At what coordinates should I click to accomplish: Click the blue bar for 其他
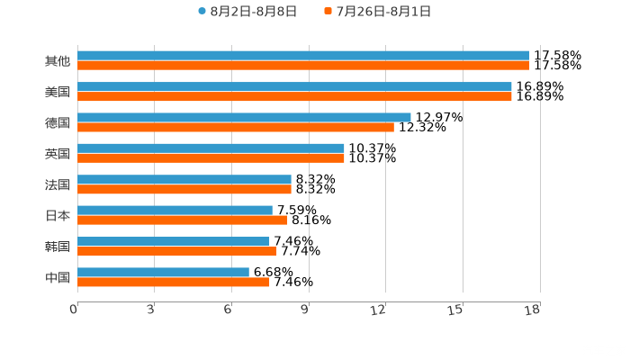(x=303, y=56)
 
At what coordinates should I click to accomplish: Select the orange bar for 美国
(x=294, y=96)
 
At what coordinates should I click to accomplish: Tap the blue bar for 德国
(x=244, y=117)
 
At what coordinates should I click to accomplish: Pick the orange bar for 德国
(x=236, y=127)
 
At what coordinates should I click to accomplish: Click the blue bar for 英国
(x=211, y=148)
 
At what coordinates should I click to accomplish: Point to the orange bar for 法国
(x=184, y=189)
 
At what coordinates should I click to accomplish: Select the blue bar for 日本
(x=175, y=210)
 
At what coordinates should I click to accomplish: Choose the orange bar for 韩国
(x=177, y=251)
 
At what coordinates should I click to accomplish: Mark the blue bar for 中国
(x=163, y=272)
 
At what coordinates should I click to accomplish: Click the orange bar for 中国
(x=174, y=282)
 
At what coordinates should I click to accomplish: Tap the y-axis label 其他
(x=58, y=61)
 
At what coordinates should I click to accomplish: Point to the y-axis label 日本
(x=58, y=215)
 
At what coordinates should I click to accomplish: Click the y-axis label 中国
(x=58, y=277)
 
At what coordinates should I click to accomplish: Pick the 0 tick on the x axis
(x=74, y=310)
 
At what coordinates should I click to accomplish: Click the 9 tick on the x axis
(x=305, y=310)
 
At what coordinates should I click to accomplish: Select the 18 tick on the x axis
(x=533, y=310)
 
